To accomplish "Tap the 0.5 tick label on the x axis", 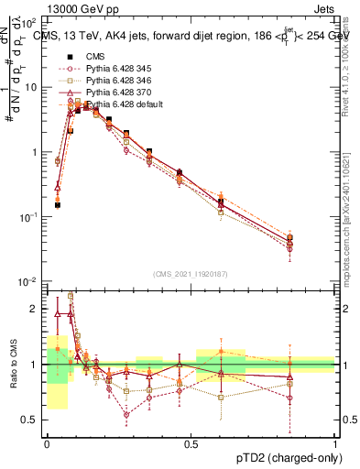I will coord(191,443).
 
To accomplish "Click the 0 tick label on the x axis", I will coord(47,443).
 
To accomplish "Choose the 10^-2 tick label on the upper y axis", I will coord(29,281).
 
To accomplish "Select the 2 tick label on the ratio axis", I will coord(36,310).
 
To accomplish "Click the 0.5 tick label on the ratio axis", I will coord(32,420).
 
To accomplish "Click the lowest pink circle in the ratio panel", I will coord(127,414).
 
